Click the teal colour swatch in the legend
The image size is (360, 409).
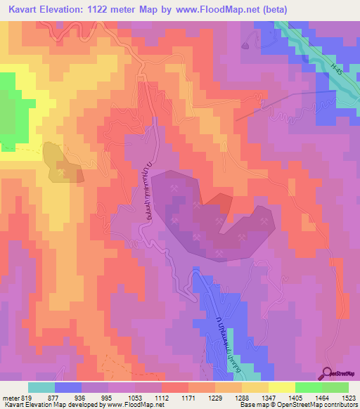(x=41, y=387)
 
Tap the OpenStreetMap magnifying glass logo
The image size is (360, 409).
(x=328, y=372)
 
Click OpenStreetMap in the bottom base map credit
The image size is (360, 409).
(x=327, y=405)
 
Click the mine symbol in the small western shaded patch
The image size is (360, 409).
(x=63, y=170)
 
